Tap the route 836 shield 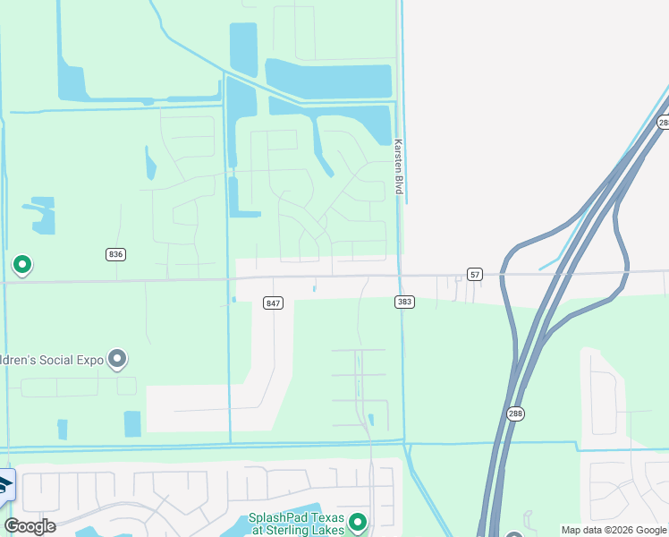tap(115, 254)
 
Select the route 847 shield tap(274, 303)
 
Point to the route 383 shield tap(404, 303)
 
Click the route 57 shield tap(474, 273)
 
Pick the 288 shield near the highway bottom tap(517, 413)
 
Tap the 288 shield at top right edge tap(663, 123)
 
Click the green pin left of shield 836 tap(22, 265)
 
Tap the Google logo tap(30, 526)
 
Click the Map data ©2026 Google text tap(614, 530)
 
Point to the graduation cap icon tap(5, 486)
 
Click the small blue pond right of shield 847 tap(314, 288)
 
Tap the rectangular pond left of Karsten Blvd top tap(328, 81)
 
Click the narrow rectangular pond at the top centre tap(242, 50)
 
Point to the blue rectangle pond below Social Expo tap(132, 423)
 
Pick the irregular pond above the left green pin tap(40, 214)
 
